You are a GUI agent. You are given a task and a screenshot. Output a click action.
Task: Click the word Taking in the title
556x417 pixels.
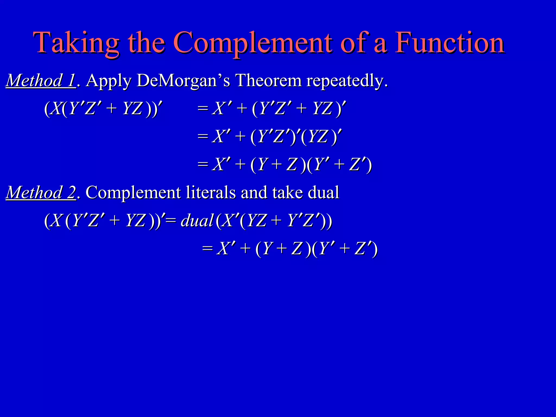pyautogui.click(x=76, y=43)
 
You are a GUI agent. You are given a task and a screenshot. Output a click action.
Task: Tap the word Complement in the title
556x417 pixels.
pyautogui.click(x=252, y=43)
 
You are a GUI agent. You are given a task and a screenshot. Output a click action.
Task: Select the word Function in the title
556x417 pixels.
pyautogui.click(x=449, y=43)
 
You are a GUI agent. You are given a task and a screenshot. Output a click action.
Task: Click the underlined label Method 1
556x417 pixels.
pyautogui.click(x=41, y=81)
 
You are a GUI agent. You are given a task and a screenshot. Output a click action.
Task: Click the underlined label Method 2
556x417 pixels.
pyautogui.click(x=41, y=193)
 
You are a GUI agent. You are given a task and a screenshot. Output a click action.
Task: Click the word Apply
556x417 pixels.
pyautogui.click(x=109, y=81)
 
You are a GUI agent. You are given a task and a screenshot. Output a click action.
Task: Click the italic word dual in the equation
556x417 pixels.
pyautogui.click(x=197, y=220)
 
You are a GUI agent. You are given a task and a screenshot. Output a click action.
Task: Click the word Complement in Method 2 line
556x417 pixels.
pyautogui.click(x=133, y=193)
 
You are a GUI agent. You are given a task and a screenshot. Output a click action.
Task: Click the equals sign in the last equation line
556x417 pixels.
pyautogui.click(x=207, y=248)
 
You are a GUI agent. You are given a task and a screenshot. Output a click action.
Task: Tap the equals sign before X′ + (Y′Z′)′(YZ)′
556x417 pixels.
pyautogui.click(x=203, y=136)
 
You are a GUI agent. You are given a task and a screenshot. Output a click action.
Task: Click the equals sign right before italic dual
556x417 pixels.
pyautogui.click(x=171, y=220)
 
